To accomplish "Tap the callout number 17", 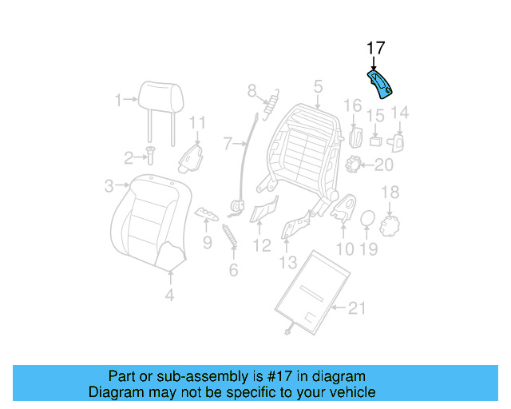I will point(375,50).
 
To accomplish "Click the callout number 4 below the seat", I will point(169,295).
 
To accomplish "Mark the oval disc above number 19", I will point(368,219).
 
